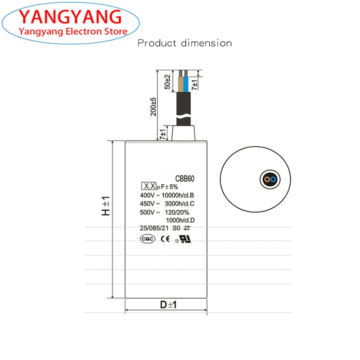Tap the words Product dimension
coord(184,44)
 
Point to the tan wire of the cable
coord(181,83)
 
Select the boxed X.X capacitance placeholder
coord(148,186)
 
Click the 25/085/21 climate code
coord(154,228)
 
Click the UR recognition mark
coord(185,239)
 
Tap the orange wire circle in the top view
coord(267,180)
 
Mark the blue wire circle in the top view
coord(273,180)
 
